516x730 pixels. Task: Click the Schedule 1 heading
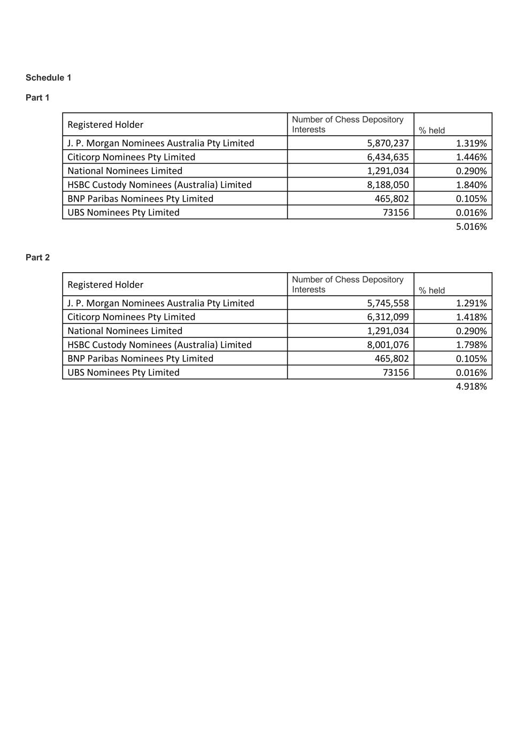click(48, 78)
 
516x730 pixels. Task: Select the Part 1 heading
click(37, 97)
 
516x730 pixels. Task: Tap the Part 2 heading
click(37, 257)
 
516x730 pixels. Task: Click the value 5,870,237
click(388, 143)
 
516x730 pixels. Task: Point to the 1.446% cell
click(471, 157)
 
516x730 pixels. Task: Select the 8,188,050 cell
click(388, 185)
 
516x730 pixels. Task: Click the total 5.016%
click(471, 226)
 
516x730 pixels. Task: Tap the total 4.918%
click(471, 386)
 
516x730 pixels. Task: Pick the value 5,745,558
click(388, 303)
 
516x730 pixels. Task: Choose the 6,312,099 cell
click(388, 317)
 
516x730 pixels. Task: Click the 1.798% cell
click(471, 344)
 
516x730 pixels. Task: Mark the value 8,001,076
click(388, 344)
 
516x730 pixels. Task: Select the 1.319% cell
click(471, 143)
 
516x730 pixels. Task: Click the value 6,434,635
click(388, 157)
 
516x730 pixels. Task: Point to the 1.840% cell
click(471, 185)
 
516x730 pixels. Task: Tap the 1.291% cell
click(471, 303)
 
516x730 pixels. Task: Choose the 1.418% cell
click(471, 317)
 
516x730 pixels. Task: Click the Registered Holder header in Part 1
click(105, 125)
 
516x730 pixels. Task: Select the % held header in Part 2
click(432, 290)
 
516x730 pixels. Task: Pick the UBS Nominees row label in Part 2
click(124, 372)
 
